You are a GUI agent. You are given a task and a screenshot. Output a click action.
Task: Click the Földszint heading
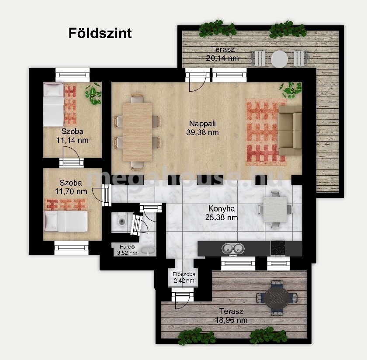pyautogui.click(x=100, y=33)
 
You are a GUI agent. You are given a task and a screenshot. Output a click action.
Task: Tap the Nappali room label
pyautogui.click(x=202, y=123)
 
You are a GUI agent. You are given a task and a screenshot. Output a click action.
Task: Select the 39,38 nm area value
pyautogui.click(x=202, y=132)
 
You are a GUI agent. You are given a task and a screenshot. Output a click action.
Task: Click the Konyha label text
pyautogui.click(x=222, y=208)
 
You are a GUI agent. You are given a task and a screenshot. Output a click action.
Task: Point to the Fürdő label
pyautogui.click(x=127, y=247)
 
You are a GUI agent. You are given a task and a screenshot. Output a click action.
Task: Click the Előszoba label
pyautogui.click(x=184, y=274)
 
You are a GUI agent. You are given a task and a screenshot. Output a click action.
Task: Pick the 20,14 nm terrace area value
pyautogui.click(x=222, y=58)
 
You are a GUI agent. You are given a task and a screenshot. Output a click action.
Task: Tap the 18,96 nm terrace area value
pyautogui.click(x=231, y=320)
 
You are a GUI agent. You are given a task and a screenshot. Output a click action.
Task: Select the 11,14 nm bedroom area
pyautogui.click(x=73, y=140)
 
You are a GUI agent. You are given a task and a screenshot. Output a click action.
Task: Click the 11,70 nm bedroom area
pyautogui.click(x=71, y=191)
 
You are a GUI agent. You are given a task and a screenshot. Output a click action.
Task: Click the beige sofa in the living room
pyautogui.click(x=290, y=131)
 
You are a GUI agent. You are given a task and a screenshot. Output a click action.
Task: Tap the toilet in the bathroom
pyautogui.click(x=121, y=220)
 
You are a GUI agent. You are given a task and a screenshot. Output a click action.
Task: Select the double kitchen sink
pyautogui.click(x=233, y=249)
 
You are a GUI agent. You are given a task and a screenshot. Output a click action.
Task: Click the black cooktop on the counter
pyautogui.click(x=278, y=248)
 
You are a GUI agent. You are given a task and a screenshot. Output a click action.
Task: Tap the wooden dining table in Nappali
pyautogui.click(x=137, y=132)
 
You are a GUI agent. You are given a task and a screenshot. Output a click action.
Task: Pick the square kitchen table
pyautogui.click(x=275, y=210)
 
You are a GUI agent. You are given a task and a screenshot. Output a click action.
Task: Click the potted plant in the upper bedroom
pyautogui.click(x=93, y=93)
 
